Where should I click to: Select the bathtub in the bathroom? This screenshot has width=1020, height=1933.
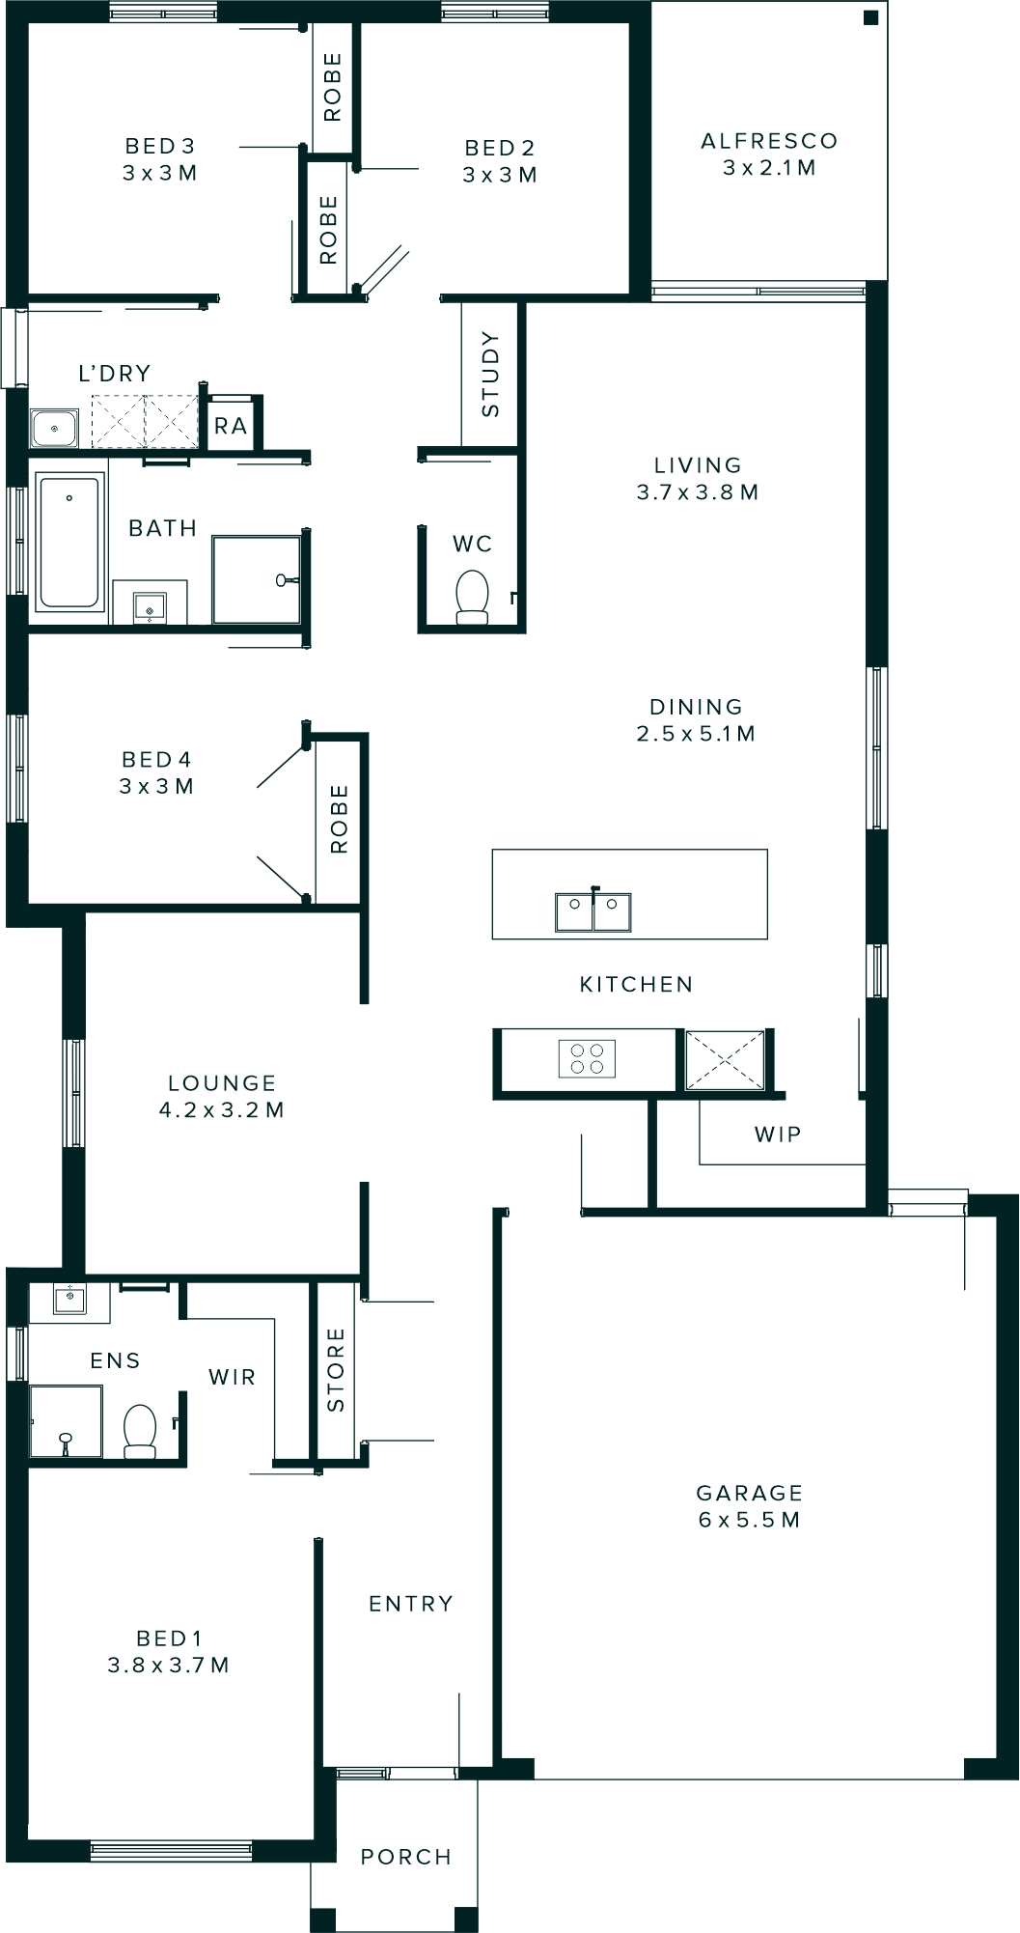coord(69,540)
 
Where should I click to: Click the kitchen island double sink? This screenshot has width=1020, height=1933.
coord(593,910)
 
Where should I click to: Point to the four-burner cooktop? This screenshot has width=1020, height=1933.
coord(587,1058)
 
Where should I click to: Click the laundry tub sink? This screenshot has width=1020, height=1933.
coord(54,428)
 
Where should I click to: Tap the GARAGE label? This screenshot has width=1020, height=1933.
coord(749,1493)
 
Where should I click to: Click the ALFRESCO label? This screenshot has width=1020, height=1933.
coord(769,141)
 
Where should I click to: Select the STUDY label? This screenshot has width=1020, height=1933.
coord(490,374)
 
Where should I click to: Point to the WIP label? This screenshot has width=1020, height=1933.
coord(778,1134)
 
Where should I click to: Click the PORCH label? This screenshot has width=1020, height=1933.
coord(406,1857)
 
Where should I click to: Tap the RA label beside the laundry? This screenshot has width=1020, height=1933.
coord(231,426)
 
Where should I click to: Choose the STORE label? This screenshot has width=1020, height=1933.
coord(336,1369)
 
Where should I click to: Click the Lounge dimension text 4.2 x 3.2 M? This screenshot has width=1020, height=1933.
coord(222,1110)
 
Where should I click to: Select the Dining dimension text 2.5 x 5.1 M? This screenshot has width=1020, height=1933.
coord(696,734)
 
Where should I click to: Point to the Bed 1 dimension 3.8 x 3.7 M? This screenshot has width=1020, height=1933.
coord(169,1666)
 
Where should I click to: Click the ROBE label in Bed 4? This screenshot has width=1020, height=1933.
coord(339,819)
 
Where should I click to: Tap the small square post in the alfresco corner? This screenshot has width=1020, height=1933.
coord(870,17)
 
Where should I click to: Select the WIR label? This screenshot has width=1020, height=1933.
coord(233,1377)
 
